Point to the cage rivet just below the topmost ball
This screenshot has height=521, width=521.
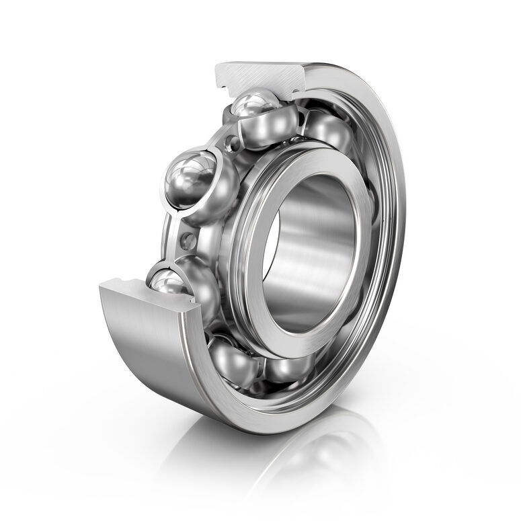click(x=233, y=143)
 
